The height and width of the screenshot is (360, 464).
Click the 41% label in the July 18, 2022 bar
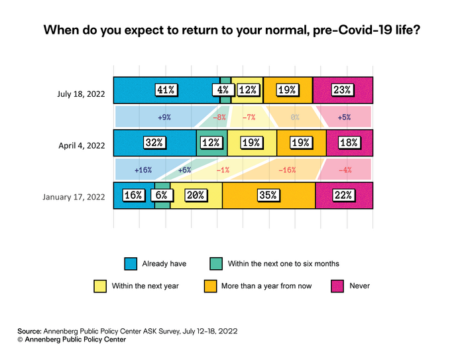click(166, 90)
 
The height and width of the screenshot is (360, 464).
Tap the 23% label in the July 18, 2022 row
click(343, 90)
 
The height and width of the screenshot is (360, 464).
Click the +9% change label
click(164, 117)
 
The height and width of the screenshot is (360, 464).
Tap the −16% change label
click(287, 170)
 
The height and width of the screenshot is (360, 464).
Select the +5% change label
click(343, 117)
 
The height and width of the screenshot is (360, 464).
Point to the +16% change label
click(143, 170)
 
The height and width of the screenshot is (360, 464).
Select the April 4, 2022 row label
click(81, 143)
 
